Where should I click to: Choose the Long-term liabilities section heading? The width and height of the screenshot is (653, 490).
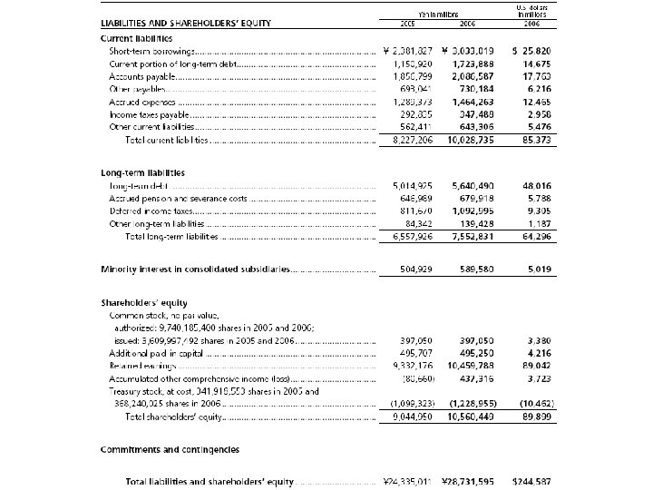[142, 172]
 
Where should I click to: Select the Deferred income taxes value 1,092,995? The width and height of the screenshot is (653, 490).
[472, 211]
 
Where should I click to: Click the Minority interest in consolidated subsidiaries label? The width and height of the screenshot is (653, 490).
[195, 269]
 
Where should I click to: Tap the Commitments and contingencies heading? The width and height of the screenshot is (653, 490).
[170, 449]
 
